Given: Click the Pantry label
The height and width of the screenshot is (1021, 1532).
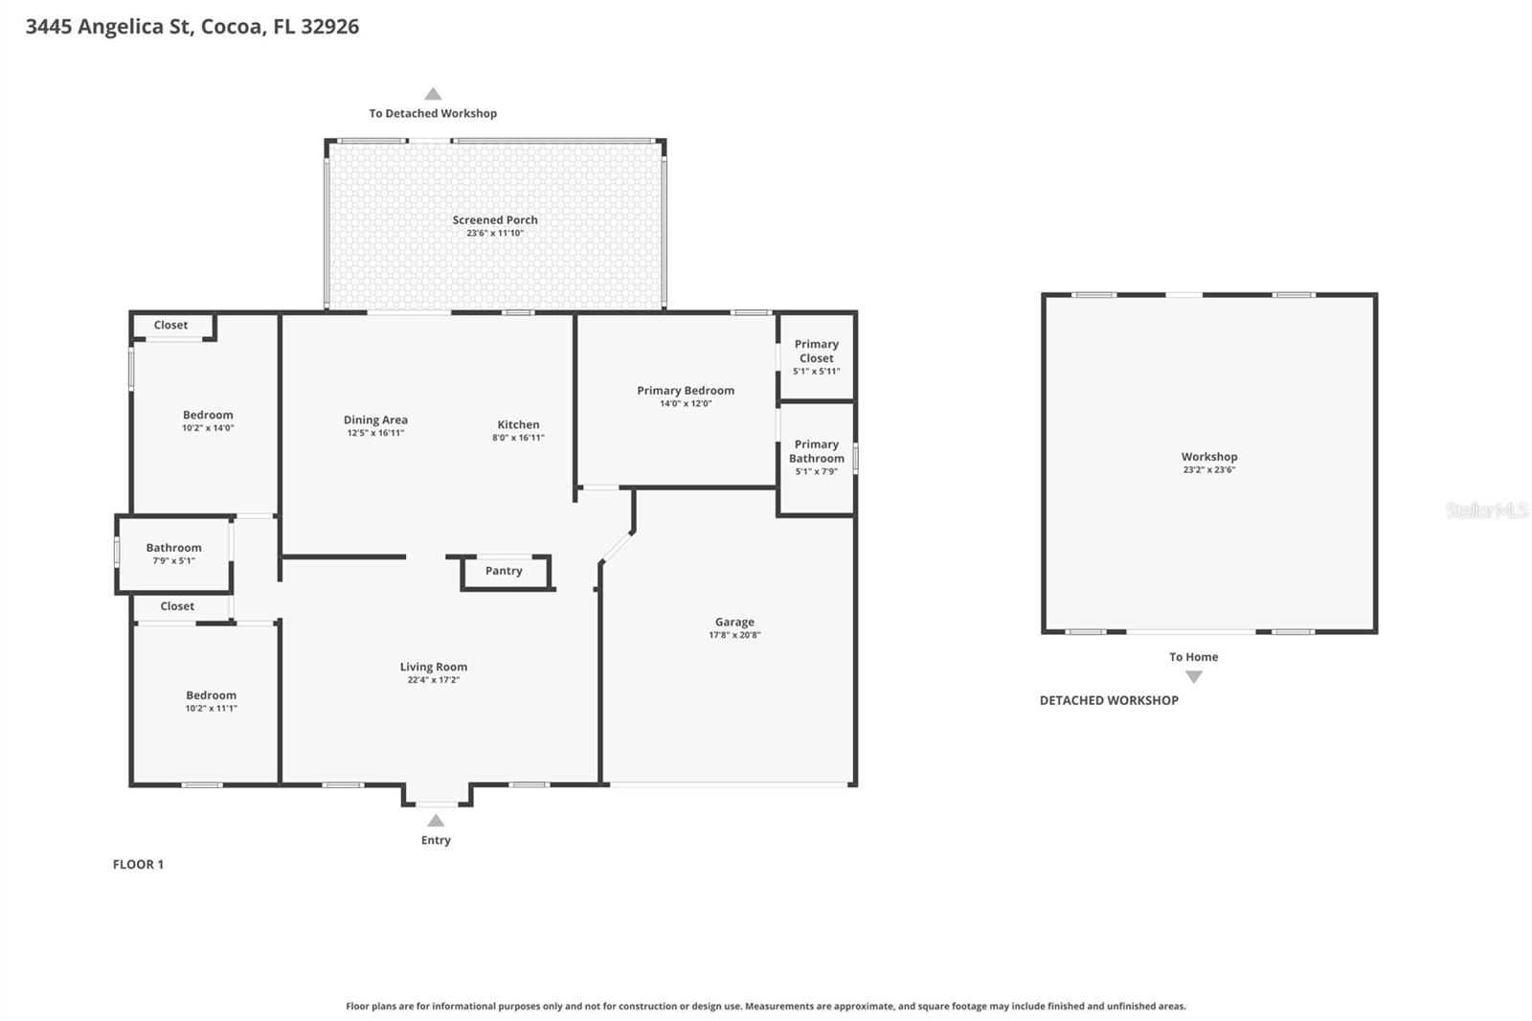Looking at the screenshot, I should (504, 571).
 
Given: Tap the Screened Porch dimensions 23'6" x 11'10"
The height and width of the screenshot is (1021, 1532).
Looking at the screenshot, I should (495, 234).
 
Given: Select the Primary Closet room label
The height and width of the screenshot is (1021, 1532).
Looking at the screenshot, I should (816, 351).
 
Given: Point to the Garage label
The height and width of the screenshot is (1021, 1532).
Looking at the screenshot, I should (734, 622).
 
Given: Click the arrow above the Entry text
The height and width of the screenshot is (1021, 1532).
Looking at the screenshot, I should (436, 821).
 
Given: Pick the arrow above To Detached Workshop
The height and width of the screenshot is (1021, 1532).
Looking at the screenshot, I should (433, 94).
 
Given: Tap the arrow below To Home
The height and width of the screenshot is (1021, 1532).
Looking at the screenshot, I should (1193, 676).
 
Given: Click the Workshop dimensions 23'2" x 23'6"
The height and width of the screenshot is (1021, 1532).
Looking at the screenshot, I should (1208, 470).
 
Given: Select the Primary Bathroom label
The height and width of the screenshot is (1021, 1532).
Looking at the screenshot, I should (816, 451).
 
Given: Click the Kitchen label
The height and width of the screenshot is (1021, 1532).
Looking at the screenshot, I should (518, 424).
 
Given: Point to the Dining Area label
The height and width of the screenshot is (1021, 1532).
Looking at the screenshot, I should (375, 420).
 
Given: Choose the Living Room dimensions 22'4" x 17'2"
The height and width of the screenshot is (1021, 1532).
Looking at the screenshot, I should (433, 680).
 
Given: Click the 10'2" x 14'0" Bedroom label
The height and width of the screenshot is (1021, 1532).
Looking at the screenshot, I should (208, 415).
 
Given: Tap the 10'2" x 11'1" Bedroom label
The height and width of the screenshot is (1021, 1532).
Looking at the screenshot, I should (211, 695).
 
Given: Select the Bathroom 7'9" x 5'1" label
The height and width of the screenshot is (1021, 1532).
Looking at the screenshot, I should (173, 548).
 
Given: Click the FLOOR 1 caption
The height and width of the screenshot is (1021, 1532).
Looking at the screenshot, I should (138, 864).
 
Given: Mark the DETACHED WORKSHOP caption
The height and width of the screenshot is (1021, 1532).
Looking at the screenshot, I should (1109, 700).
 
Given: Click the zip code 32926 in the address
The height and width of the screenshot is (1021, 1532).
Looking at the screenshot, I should (329, 26).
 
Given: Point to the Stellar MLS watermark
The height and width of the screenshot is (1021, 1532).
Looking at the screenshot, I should (1486, 510).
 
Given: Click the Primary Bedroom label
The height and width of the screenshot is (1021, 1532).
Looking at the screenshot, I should (686, 390).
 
